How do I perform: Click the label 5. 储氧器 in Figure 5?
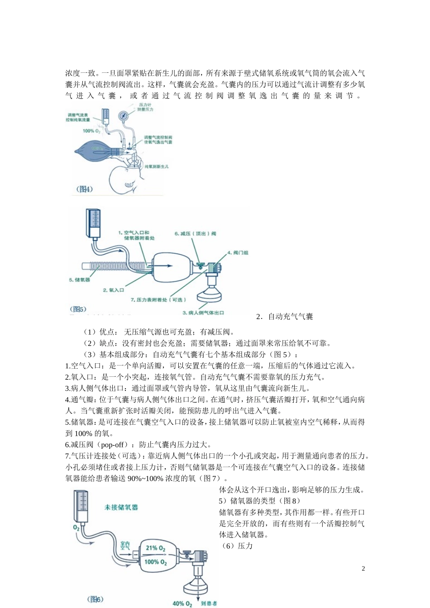click(80, 280)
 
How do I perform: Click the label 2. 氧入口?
click(113, 290)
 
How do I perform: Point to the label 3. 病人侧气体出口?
click(203, 313)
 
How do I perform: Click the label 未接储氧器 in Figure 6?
click(121, 507)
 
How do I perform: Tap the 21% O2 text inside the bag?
click(155, 548)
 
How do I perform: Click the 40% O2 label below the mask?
click(182, 603)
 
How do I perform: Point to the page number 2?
click(363, 569)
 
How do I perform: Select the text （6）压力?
click(236, 546)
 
